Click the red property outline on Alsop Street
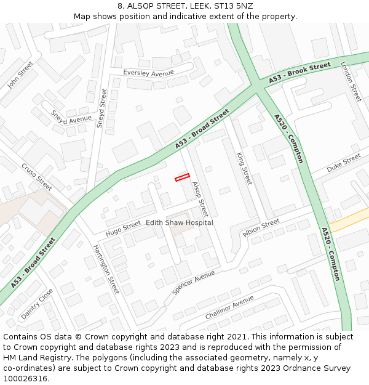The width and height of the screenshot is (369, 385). pos(182,177)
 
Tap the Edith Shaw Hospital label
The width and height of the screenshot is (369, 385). pos(180,222)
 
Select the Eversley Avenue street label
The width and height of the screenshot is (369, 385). pos(149,73)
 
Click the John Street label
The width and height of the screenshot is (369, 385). pos(20,75)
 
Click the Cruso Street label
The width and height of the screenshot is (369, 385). pos(37,176)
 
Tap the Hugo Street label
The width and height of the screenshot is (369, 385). pos(123,229)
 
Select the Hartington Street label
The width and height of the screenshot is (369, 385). pos(106,269)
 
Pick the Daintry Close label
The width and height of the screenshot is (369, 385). pos(37,304)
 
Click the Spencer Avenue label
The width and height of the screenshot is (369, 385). pos(194,282)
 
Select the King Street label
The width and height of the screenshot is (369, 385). pos(244,168)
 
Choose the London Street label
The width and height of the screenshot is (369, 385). pos(351,82)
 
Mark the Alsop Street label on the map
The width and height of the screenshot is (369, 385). pos(200,199)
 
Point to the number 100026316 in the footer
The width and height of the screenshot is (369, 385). pos(25,379)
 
